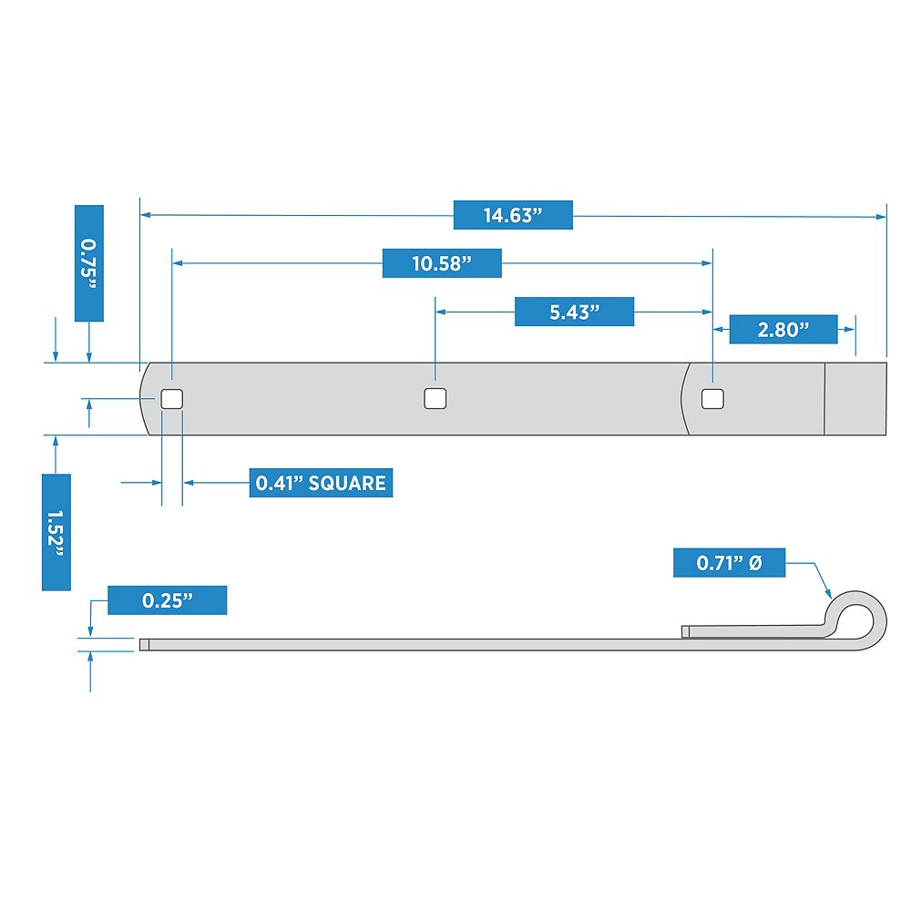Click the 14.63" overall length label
[513, 215]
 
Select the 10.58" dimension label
[442, 263]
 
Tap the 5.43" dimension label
[574, 312]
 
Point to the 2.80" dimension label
[783, 330]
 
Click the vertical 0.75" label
[89, 263]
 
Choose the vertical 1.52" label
[56, 532]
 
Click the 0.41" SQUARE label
[321, 483]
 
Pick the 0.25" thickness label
[168, 600]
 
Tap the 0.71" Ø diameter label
[729, 562]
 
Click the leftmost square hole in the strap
[172, 399]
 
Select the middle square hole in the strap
[435, 399]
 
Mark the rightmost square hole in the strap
[713, 399]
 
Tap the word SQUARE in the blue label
[347, 483]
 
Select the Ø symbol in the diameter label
[755, 562]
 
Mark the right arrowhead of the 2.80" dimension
[850, 330]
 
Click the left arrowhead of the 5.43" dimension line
[441, 312]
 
